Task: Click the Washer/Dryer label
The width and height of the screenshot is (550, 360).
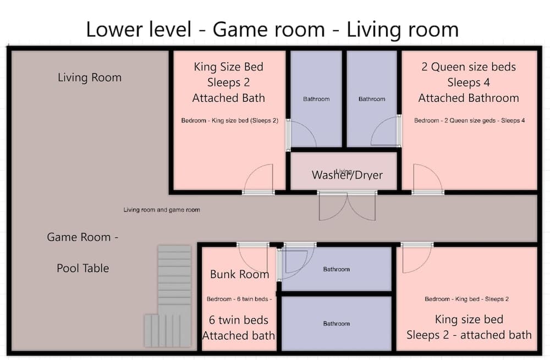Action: point(347,175)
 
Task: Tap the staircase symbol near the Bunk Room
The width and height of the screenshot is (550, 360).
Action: point(168,296)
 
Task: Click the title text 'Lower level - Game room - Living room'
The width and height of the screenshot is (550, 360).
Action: point(272,29)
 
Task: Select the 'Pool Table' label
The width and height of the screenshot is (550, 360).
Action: point(83,268)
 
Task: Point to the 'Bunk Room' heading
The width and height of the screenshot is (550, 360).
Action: point(240,274)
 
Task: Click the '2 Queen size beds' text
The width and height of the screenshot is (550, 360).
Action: point(469,67)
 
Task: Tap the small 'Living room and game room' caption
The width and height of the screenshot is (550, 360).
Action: point(162,209)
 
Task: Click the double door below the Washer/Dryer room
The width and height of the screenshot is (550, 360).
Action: point(347,206)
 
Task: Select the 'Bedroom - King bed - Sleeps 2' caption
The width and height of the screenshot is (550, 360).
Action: point(466,299)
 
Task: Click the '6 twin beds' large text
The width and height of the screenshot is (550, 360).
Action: point(239,320)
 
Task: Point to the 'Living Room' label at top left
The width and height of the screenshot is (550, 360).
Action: point(90,77)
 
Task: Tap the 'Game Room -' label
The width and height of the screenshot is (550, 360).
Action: point(83,237)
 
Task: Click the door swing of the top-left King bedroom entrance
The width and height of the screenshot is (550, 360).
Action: point(258,178)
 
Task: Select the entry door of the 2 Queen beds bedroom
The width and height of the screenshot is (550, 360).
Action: point(428,178)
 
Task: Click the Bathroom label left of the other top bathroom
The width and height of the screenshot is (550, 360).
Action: point(316,99)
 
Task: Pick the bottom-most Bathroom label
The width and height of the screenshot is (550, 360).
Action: point(337,324)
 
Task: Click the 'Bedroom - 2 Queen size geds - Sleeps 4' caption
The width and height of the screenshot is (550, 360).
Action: point(469,120)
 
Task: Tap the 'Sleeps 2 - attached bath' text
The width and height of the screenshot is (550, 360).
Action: point(469,335)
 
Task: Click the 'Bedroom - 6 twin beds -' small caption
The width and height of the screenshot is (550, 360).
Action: point(239,299)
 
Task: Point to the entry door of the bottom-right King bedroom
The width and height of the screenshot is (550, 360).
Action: point(417,258)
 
